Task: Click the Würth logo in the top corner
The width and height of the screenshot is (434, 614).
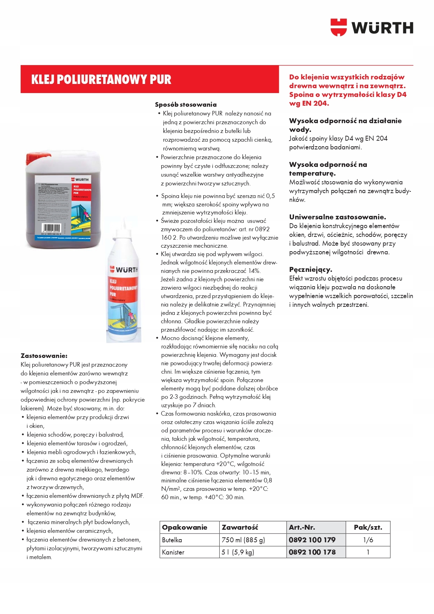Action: pos(372,27)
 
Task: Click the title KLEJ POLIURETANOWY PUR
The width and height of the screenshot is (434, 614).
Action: pos(101,79)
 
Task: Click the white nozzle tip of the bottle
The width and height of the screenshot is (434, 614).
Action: pos(123,221)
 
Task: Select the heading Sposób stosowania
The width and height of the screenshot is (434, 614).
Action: pos(186,105)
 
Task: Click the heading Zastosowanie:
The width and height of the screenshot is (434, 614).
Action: pos(44,356)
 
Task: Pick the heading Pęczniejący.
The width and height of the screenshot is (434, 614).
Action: pos(311,270)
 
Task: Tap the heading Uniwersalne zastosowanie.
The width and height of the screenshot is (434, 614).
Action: pos(337,217)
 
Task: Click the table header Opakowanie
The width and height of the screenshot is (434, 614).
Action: pos(185,527)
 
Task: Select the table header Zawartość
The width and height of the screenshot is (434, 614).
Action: pos(240,527)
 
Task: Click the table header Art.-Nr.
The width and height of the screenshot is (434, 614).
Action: pos(302,527)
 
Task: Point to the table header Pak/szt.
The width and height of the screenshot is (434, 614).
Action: pos(368,527)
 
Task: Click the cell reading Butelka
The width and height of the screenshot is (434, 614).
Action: pos(172,540)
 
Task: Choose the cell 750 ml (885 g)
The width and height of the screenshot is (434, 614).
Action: pos(243,540)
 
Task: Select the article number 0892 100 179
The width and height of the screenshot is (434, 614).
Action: pos(312,540)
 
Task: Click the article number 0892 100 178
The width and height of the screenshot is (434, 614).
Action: pos(312,552)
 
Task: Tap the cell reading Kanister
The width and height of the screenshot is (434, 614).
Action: pos(173,552)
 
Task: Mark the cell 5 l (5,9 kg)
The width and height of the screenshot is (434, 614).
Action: pos(238,552)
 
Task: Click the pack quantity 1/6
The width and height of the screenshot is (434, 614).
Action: pos(368,540)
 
